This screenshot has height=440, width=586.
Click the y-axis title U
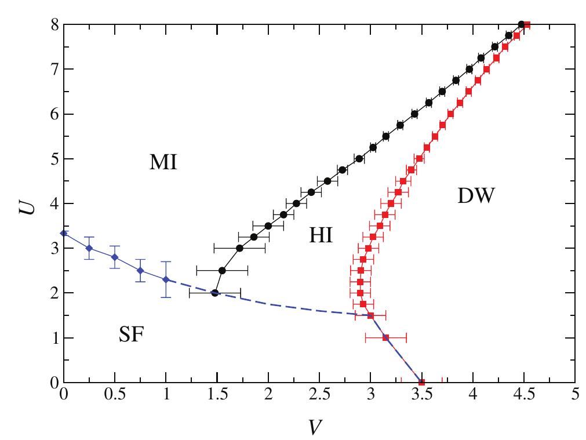point(24,203)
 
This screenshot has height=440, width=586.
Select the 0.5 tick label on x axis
point(115,399)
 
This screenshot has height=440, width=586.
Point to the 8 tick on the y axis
point(53,24)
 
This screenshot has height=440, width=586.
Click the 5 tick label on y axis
point(53,159)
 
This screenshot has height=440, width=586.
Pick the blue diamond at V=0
point(64,233)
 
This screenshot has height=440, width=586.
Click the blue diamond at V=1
point(166,279)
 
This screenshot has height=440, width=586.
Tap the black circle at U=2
point(215,293)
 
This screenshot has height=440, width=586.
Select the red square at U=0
point(422,382)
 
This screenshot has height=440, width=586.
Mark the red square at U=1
point(386,337)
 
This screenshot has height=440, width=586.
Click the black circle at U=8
point(521,24)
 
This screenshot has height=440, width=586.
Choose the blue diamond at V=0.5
point(115,257)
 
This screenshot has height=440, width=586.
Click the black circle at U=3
point(239,248)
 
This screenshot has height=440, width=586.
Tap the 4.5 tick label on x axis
point(524,399)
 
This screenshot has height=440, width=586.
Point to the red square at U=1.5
point(371,315)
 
